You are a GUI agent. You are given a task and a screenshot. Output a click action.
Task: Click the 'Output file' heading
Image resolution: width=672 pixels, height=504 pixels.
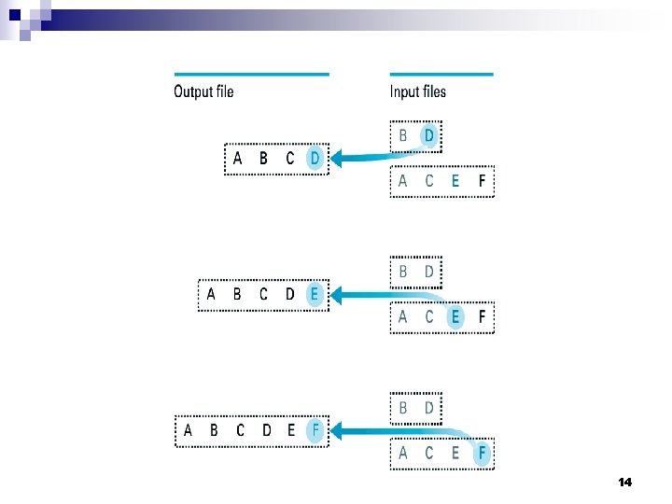tap(203, 91)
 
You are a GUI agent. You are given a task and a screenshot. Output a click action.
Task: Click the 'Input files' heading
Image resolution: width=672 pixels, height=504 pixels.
tap(418, 91)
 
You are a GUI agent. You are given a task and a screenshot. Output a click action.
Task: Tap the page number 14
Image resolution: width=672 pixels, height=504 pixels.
tap(624, 483)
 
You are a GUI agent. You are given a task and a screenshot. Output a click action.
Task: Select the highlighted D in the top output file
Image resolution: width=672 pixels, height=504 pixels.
tap(315, 159)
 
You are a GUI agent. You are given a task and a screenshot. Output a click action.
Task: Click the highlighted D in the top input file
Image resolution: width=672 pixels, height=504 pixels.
tap(429, 135)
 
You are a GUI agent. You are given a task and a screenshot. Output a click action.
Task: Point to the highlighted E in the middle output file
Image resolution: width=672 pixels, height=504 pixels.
tap(315, 295)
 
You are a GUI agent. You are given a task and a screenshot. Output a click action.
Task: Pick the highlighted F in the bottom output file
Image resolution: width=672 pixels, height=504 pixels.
tap(315, 430)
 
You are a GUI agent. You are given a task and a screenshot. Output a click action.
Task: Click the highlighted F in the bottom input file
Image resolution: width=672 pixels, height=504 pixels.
tap(482, 454)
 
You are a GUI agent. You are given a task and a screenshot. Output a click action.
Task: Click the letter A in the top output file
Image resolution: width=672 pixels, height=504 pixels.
tap(237, 159)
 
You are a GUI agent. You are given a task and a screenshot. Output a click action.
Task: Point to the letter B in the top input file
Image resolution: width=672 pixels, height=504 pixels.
tap(403, 135)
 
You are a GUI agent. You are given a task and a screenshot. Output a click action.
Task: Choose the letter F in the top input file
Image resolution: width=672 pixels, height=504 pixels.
tap(482, 182)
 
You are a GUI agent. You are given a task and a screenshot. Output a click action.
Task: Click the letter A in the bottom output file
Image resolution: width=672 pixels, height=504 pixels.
tap(189, 430)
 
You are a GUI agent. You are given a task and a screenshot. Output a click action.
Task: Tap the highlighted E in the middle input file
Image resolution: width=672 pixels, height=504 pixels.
tap(455, 317)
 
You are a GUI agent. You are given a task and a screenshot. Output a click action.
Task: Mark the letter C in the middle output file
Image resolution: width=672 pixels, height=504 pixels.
tap(263, 295)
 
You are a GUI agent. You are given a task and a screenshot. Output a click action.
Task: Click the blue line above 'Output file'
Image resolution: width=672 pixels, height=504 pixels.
tap(251, 74)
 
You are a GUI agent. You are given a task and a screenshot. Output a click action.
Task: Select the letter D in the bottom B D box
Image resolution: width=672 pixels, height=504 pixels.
tap(429, 408)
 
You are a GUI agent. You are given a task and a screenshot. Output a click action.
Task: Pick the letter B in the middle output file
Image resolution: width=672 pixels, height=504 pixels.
tap(237, 295)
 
